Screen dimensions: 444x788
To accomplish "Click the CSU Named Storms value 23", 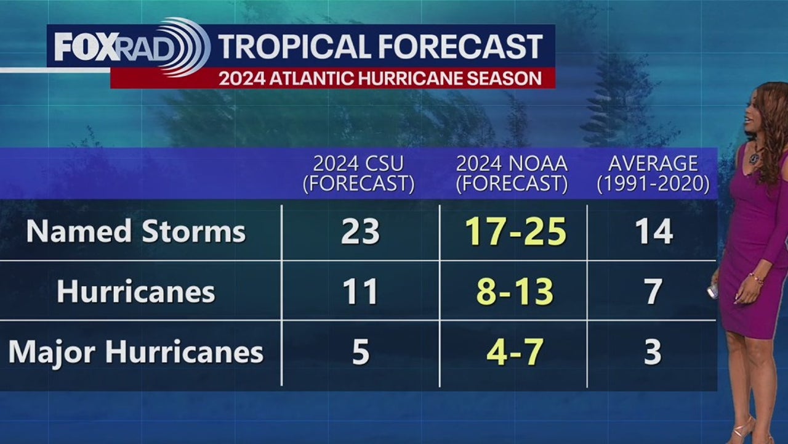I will click(x=360, y=232).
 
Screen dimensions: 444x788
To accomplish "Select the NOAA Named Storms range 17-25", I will click(x=515, y=232).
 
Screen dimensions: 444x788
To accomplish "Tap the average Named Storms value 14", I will click(x=653, y=232).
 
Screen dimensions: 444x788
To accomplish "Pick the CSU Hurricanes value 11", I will click(x=360, y=292).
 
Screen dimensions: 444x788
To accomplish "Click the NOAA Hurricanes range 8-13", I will click(x=515, y=292).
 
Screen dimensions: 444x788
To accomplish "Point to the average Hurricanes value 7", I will click(x=653, y=292).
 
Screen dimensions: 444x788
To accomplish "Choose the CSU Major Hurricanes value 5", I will click(x=360, y=352).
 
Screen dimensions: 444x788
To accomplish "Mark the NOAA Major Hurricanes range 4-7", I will click(x=515, y=352).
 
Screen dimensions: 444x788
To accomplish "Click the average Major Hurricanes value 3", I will click(x=653, y=352).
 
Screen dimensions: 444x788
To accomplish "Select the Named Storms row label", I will click(x=136, y=232).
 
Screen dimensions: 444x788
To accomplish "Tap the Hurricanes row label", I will click(x=136, y=292).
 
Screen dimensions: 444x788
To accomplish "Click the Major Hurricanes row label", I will click(x=136, y=352).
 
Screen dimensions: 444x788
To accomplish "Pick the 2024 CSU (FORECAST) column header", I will click(x=358, y=173).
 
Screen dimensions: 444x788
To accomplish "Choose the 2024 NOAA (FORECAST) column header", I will click(x=512, y=173).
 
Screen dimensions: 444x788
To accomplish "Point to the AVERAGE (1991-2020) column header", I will click(x=653, y=173).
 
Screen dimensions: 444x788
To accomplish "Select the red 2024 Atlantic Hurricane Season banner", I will click(x=380, y=78).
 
